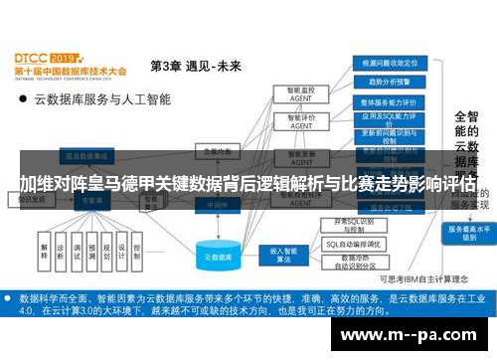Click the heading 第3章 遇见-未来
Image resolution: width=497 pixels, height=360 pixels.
point(195,67)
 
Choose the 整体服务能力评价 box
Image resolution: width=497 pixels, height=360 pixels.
point(385,102)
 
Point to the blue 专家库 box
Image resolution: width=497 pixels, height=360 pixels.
point(92,198)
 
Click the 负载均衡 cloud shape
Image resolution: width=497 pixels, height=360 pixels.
point(217,151)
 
